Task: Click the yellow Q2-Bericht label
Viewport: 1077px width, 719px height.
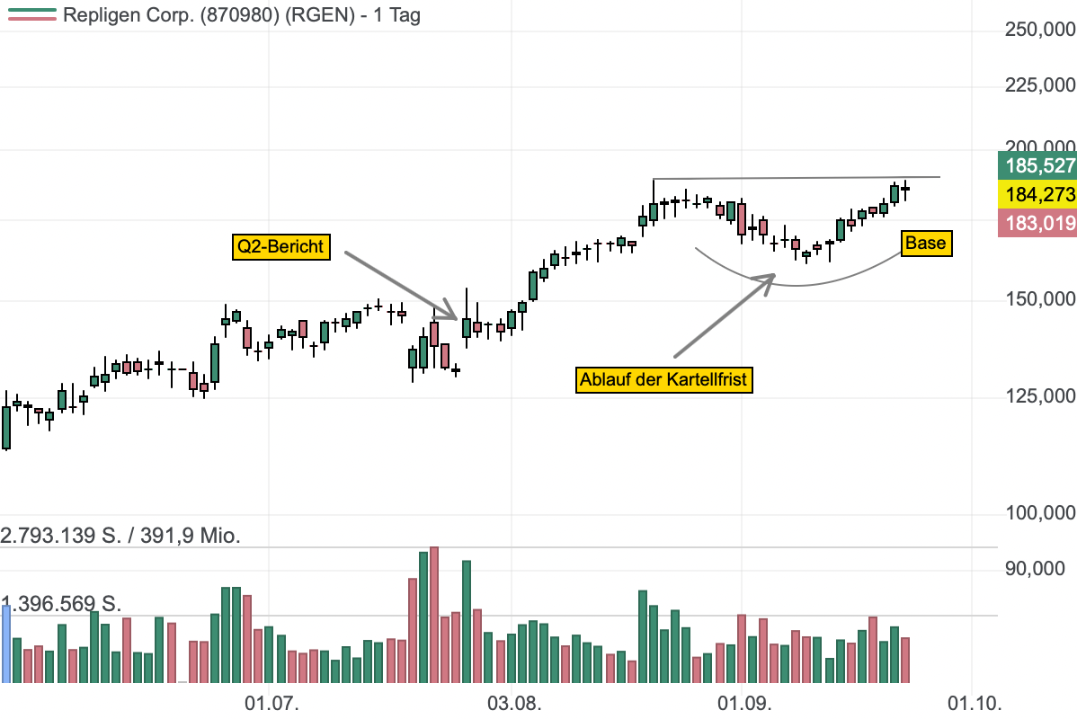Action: pyautogui.click(x=280, y=246)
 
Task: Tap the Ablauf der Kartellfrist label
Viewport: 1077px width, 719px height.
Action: pyautogui.click(x=663, y=380)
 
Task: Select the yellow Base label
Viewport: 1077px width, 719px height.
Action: pyautogui.click(x=926, y=243)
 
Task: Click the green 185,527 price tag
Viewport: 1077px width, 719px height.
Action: pyautogui.click(x=1037, y=165)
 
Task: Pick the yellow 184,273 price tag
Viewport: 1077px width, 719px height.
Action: pyautogui.click(x=1037, y=194)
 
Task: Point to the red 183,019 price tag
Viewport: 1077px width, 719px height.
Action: pyautogui.click(x=1037, y=223)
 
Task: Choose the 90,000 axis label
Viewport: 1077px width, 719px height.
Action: pyautogui.click(x=1035, y=569)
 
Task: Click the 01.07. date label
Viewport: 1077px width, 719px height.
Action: pyautogui.click(x=272, y=704)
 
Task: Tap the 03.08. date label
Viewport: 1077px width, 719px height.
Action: pyautogui.click(x=514, y=704)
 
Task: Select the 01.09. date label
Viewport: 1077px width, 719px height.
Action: pyautogui.click(x=744, y=704)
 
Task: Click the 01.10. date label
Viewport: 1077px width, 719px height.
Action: pyautogui.click(x=975, y=704)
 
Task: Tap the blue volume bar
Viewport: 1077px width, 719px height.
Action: pyautogui.click(x=6, y=644)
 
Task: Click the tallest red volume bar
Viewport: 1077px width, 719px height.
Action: pyautogui.click(x=434, y=615)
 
